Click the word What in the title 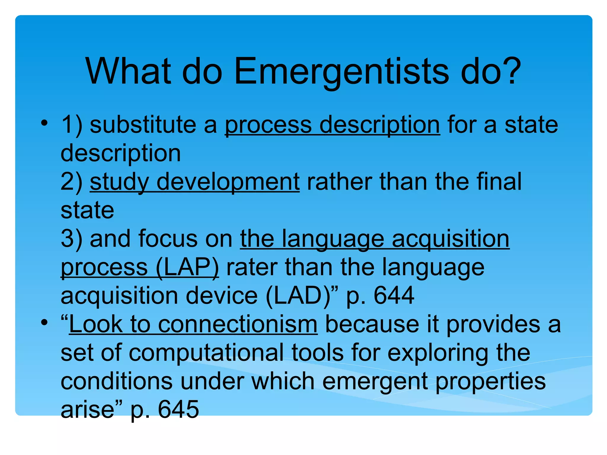pyautogui.click(x=128, y=71)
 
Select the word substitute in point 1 pyautogui.click(x=143, y=125)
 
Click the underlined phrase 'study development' pyautogui.click(x=194, y=182)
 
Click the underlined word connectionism pyautogui.click(x=238, y=324)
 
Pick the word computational pyautogui.click(x=206, y=353)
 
